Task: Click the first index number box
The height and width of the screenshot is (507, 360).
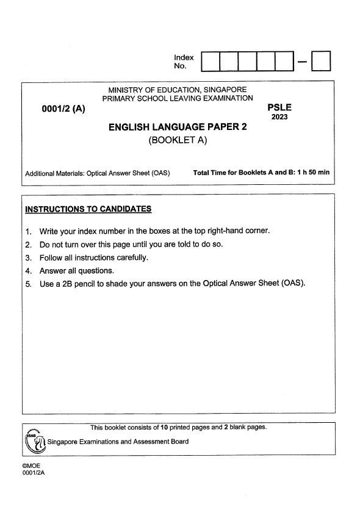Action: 210,61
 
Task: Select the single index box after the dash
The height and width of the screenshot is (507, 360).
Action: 321,61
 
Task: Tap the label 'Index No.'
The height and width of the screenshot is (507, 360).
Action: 184,62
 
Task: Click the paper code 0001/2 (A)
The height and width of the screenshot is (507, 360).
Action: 64,110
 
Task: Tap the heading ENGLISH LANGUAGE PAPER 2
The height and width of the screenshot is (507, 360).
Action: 181,128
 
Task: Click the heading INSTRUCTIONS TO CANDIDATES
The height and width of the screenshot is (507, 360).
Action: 88,209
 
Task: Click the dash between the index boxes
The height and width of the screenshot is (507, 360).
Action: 302,62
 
